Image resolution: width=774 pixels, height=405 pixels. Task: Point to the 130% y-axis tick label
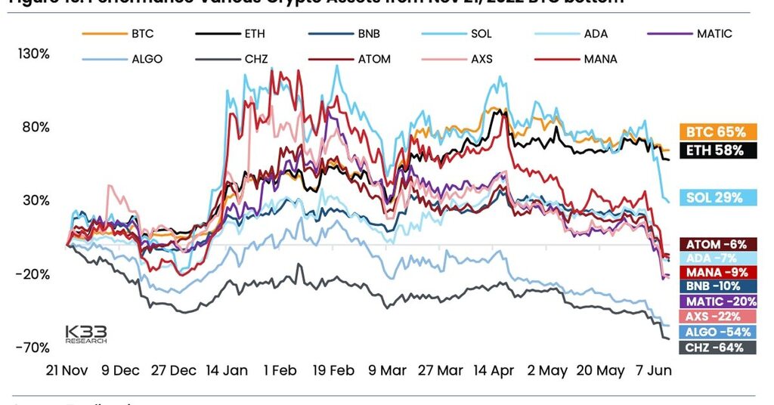click(x=35, y=54)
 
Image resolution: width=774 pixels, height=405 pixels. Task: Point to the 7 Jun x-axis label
click(x=654, y=371)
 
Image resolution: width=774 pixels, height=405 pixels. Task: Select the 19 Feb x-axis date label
click(x=333, y=371)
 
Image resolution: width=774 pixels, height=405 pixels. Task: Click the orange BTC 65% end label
click(x=717, y=131)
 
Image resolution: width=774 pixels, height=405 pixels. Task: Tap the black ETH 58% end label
click(x=717, y=150)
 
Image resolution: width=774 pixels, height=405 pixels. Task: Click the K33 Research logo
click(x=85, y=334)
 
